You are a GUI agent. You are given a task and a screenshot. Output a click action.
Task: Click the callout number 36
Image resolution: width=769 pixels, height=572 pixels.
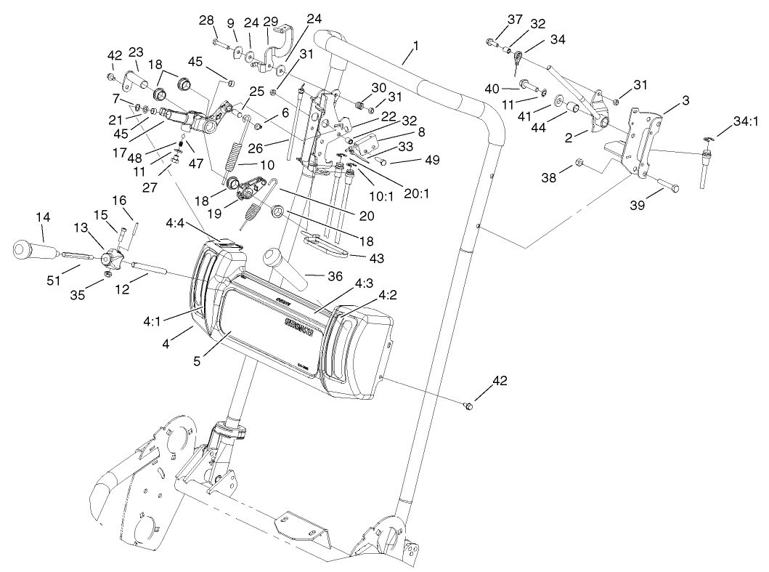point(334,278)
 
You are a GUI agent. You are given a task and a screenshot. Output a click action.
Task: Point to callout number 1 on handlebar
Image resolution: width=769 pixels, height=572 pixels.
point(415,46)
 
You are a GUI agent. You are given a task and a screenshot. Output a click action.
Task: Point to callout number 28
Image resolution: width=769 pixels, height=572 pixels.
point(206,20)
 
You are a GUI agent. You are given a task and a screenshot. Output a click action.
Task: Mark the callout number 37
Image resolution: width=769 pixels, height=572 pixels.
point(515,19)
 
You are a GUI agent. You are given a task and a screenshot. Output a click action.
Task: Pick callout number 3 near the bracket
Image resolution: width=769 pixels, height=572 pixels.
point(685,99)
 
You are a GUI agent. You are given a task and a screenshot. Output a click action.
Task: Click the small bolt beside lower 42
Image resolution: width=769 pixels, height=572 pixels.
point(468,404)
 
